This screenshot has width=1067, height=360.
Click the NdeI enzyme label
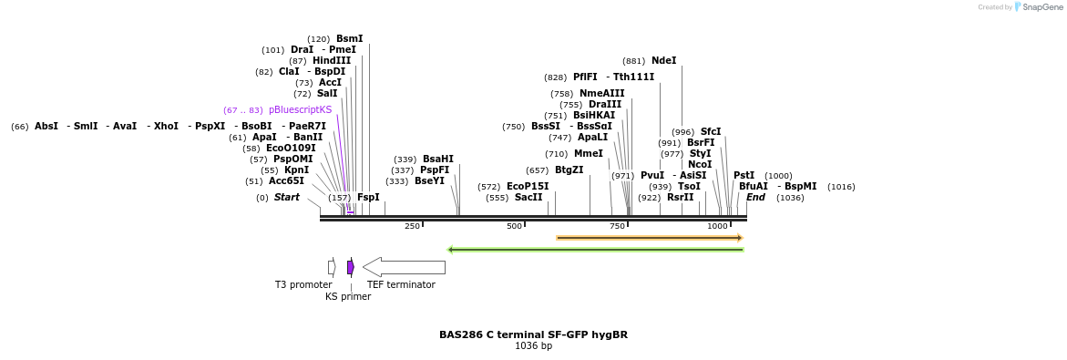pos(663,61)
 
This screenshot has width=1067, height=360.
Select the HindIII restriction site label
pos(331,61)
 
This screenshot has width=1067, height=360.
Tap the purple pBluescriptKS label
pos(300,110)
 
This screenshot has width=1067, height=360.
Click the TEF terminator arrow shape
pos(404,267)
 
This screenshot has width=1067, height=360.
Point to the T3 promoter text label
pos(303,285)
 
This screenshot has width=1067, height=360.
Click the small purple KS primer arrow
pos(350,267)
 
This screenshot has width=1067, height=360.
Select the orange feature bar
pos(649,238)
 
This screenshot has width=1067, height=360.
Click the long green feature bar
pos(595,250)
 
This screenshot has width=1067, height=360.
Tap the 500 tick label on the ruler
pos(514,226)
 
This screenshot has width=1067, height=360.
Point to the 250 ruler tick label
pos(412,226)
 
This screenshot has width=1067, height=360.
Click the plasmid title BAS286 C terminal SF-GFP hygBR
pos(533,334)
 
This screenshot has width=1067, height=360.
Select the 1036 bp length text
pos(533,346)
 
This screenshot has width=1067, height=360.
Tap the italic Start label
pos(286,198)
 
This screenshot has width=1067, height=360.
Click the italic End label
pos(755,198)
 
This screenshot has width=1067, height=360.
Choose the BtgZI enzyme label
pos(569,170)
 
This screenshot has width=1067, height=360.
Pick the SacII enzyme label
pos(529,198)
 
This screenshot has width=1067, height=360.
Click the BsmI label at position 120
pos(349,39)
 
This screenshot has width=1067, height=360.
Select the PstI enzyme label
pos(744,176)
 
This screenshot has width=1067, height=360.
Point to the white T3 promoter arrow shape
pos(332,267)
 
